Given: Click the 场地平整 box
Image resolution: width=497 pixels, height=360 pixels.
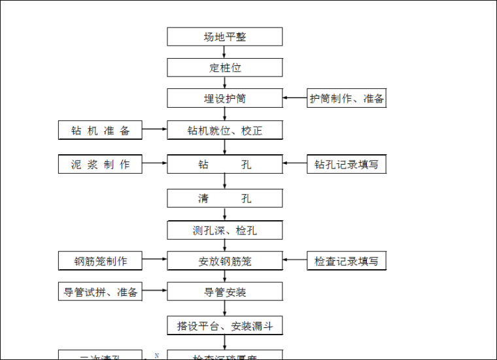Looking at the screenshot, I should click(x=224, y=37).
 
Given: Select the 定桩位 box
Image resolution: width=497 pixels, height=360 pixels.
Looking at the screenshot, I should click(x=224, y=67).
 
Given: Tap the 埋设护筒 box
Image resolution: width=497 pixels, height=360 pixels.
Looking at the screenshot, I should click(x=224, y=99).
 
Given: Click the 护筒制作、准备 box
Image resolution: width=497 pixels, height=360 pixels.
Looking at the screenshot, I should click(x=347, y=99).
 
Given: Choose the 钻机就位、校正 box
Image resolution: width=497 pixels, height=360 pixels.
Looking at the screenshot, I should click(x=224, y=130).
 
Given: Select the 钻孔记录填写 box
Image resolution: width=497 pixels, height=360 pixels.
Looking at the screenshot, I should click(x=347, y=164).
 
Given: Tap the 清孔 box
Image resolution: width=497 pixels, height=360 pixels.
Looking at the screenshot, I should click(x=224, y=199).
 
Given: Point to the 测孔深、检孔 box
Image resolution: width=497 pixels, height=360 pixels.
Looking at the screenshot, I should click(x=224, y=230).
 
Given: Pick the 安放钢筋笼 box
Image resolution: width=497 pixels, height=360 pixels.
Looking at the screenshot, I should click(x=224, y=261).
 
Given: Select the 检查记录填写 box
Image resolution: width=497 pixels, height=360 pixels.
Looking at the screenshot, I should click(x=347, y=261).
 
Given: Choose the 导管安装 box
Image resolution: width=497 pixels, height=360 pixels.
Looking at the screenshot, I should click(x=224, y=291).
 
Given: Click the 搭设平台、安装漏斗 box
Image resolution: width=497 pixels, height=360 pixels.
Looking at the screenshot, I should click(x=224, y=325).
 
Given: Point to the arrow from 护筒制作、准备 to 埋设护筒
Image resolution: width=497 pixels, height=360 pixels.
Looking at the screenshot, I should click(x=295, y=99).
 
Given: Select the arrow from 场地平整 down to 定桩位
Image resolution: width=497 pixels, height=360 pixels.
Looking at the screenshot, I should click(x=224, y=52).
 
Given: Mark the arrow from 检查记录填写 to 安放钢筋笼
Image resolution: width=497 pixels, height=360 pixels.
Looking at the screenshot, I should click(x=295, y=261).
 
